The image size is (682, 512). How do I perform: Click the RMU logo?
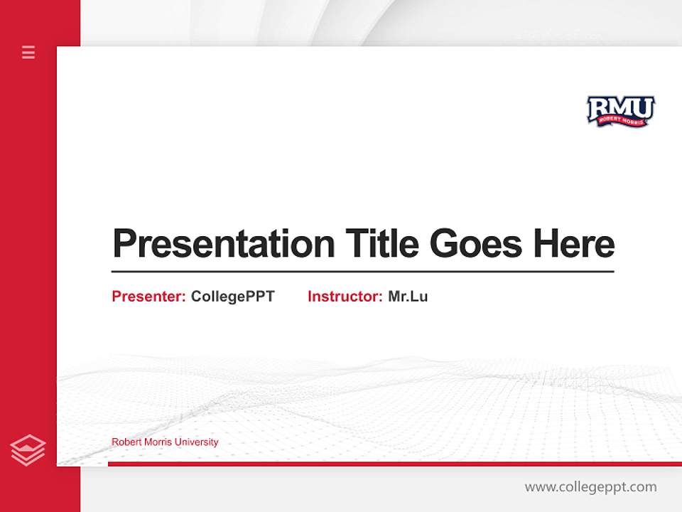[620, 112]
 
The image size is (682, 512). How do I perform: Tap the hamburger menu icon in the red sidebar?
[28, 52]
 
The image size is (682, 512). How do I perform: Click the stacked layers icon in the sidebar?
[28, 450]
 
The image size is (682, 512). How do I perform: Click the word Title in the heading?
[381, 244]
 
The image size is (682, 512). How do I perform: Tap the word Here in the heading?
[574, 244]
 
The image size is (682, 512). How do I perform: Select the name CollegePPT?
[232, 297]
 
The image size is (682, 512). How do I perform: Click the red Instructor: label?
[345, 297]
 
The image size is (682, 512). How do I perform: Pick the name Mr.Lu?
[408, 297]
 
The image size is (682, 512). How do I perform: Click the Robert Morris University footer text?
[165, 442]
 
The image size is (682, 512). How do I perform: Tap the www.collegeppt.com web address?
[590, 487]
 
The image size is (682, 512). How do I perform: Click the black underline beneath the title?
[362, 272]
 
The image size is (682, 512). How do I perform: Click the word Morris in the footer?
[156, 442]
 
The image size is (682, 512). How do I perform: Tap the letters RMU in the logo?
[620, 107]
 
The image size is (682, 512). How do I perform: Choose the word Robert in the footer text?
[125, 442]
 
